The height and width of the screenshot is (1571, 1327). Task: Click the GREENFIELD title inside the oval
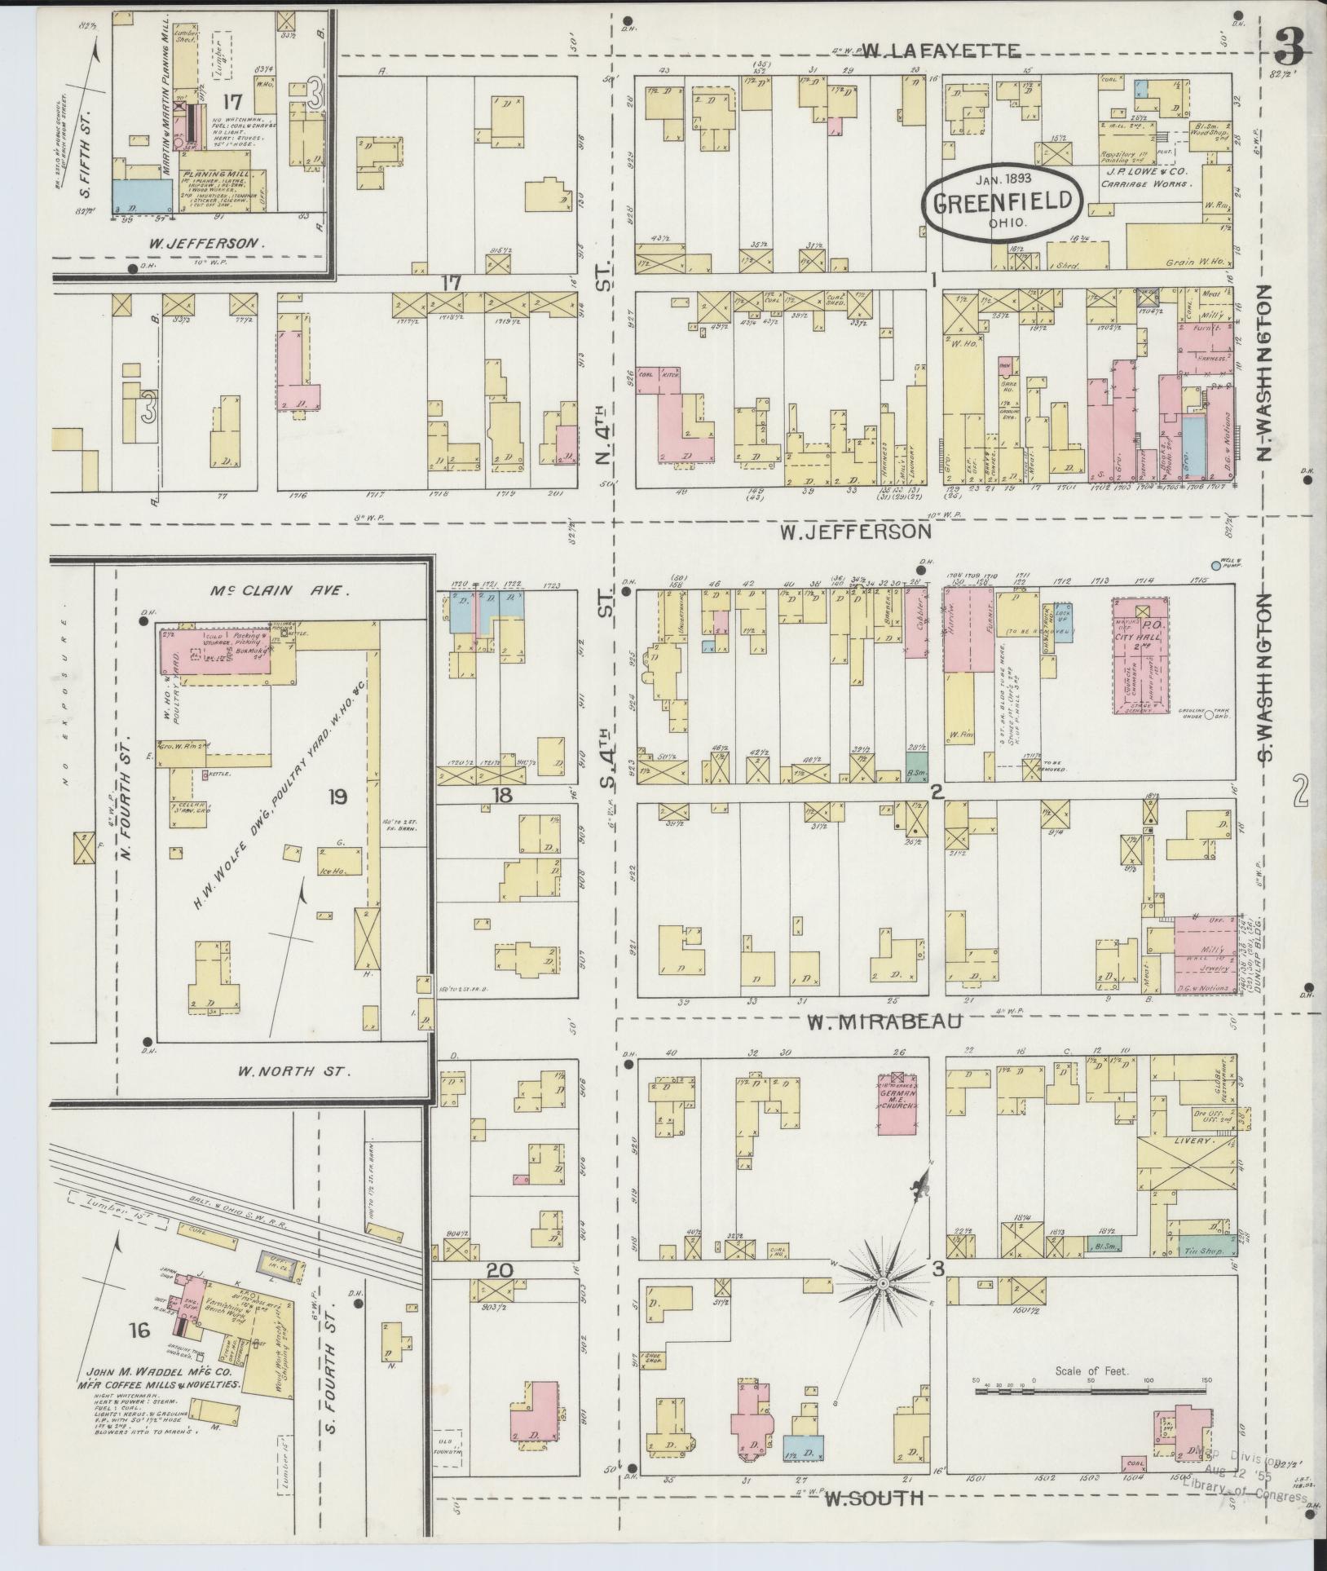pos(1003,202)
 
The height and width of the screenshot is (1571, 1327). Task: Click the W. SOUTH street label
pos(874,1497)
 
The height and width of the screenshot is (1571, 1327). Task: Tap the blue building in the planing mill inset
pos(142,196)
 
